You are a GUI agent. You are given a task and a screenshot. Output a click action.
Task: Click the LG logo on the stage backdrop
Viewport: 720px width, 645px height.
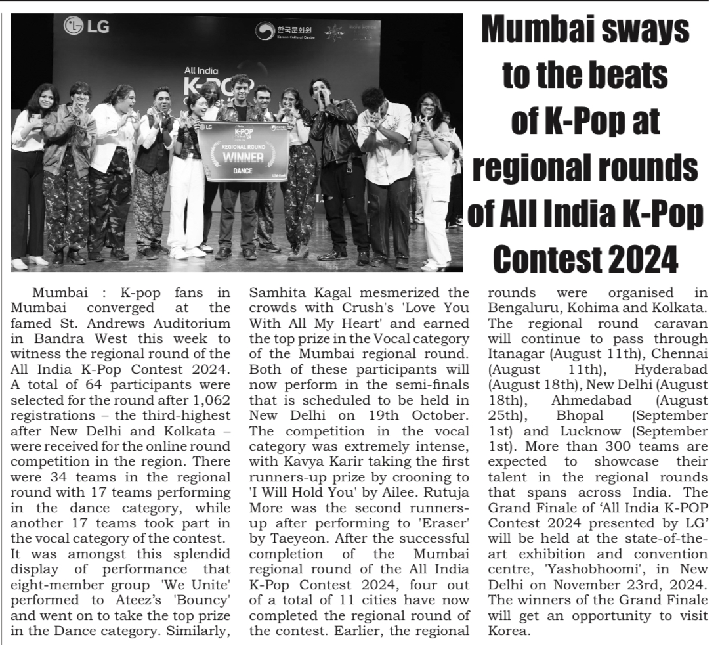coord(86,27)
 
